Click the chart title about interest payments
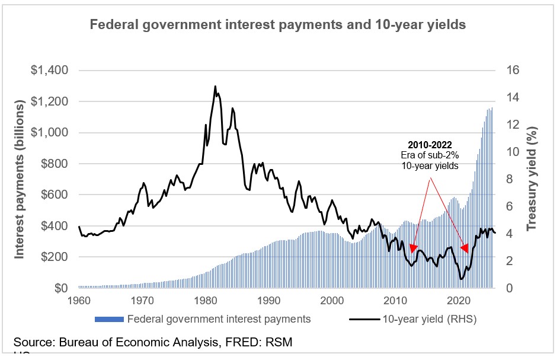click(278, 25)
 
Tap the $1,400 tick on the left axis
click(50, 71)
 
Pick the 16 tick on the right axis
click(512, 71)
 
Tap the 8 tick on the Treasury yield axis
click(509, 179)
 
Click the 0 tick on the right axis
click(509, 288)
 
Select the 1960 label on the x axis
click(78, 300)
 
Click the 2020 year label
click(460, 300)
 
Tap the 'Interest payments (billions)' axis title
click(20, 179)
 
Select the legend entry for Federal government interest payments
click(202, 319)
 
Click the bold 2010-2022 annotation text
click(429, 145)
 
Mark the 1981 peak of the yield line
click(215, 87)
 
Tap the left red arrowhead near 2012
click(414, 249)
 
